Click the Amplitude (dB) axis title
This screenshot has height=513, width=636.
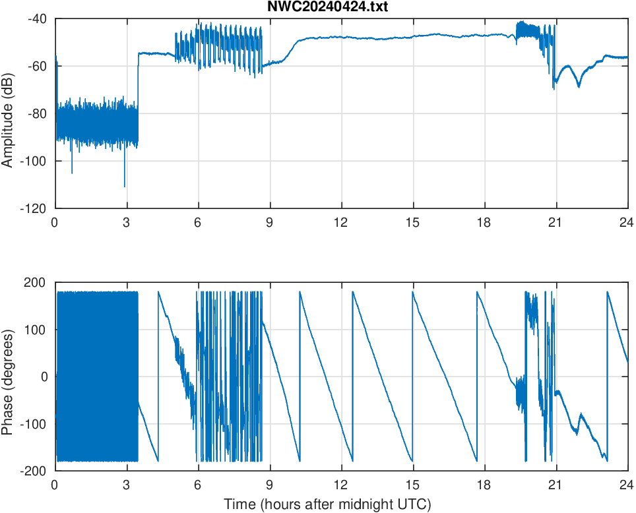click(x=8, y=113)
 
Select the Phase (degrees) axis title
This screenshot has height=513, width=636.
click(x=8, y=376)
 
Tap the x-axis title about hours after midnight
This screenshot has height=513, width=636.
click(x=327, y=504)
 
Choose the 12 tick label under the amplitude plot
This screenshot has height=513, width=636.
click(x=342, y=223)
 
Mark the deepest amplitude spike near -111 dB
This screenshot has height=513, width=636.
click(x=125, y=187)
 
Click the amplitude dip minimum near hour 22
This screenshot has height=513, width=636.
click(x=579, y=86)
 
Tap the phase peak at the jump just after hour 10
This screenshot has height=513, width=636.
click(x=300, y=292)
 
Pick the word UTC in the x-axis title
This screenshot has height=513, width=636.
click(x=414, y=504)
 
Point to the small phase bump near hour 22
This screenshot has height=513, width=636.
click(x=581, y=415)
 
